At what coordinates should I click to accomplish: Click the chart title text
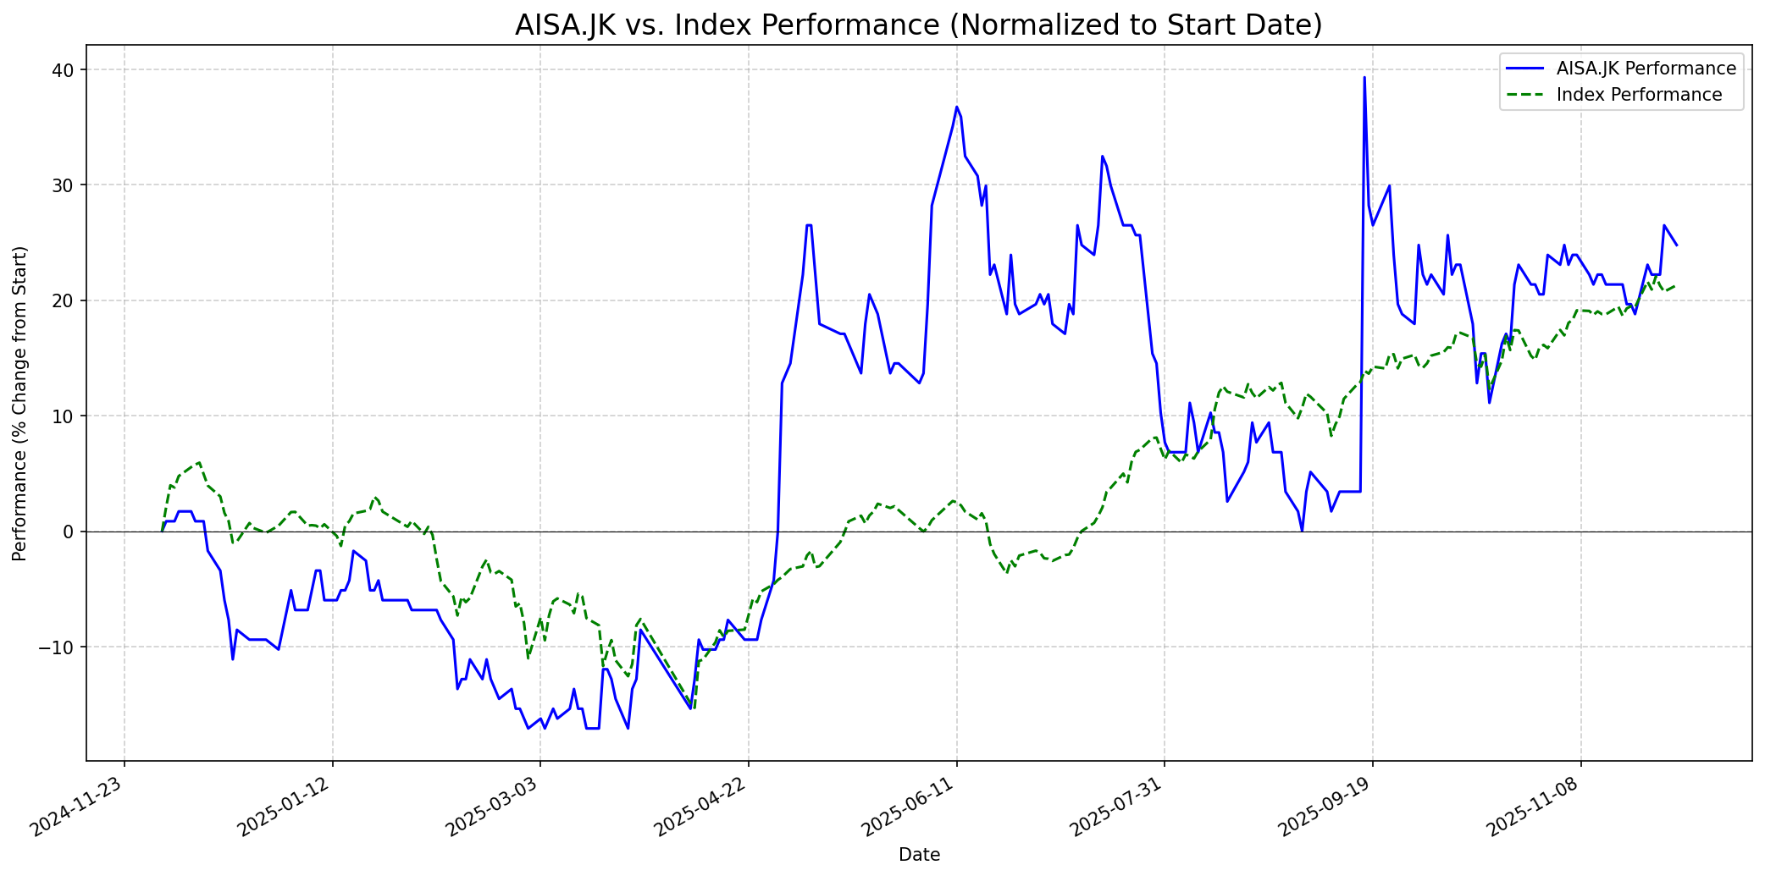(918, 25)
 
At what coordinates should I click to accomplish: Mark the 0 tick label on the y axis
(71, 532)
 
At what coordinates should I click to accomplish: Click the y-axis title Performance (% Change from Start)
(20, 403)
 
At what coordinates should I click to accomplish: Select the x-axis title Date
(919, 855)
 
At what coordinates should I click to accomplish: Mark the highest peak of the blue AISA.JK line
(1364, 78)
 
